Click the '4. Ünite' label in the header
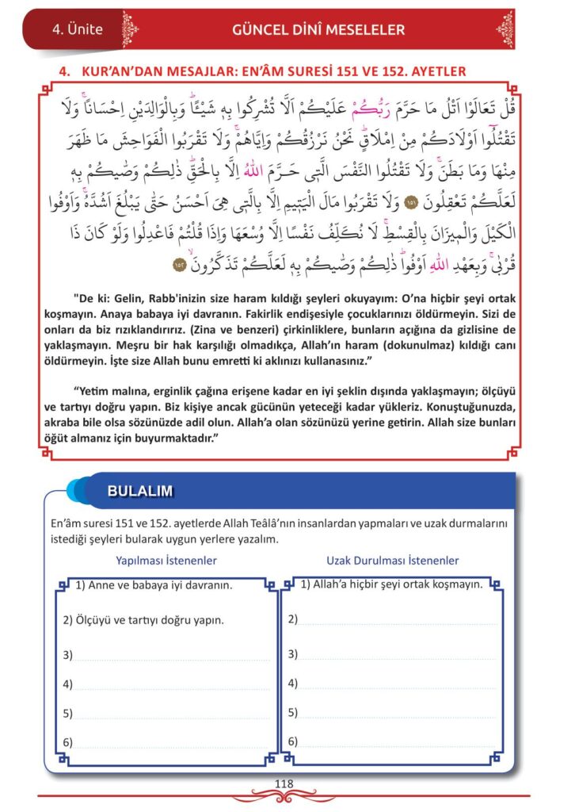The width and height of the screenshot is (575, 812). pos(77,29)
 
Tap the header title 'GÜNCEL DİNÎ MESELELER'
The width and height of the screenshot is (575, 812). pos(318,30)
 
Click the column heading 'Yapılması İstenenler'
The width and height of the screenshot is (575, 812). pos(166,561)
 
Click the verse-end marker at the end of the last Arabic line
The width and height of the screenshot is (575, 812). pos(179,262)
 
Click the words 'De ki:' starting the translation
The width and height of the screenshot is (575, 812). pos(88,301)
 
